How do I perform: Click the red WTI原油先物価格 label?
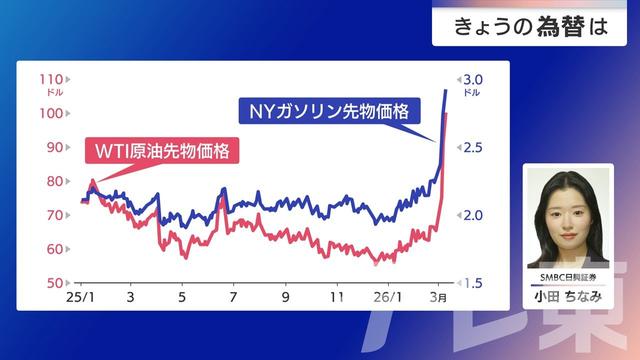[163, 152]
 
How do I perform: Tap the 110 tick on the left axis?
[51, 79]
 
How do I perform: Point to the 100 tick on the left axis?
[51, 113]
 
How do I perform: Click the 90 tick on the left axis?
[54, 147]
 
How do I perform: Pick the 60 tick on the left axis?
[54, 249]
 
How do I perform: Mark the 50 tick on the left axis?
[54, 283]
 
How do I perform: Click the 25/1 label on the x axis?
[79, 298]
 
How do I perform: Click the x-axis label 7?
[233, 298]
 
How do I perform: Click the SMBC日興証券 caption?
[567, 275]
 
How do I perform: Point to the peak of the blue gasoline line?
[445, 91]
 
